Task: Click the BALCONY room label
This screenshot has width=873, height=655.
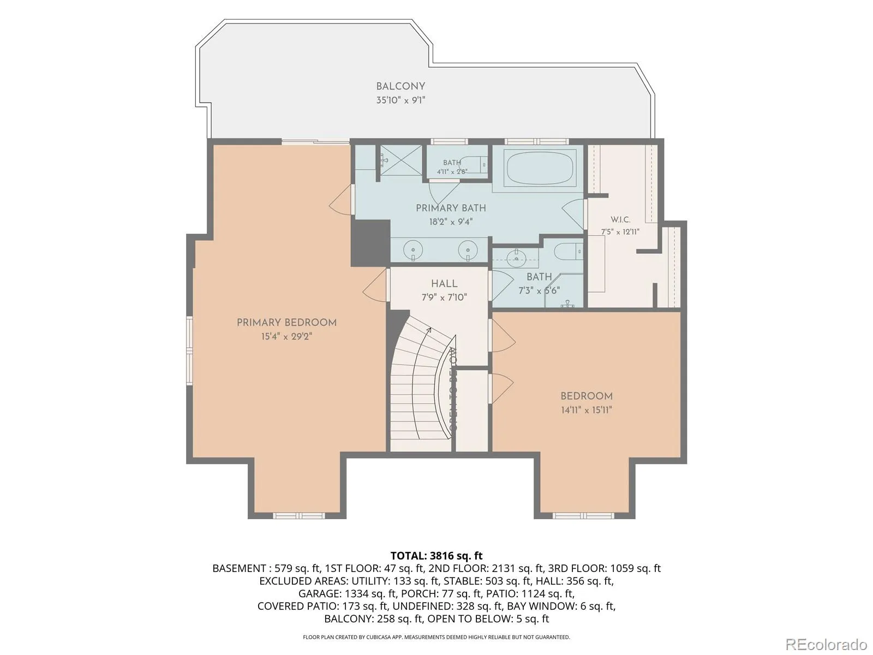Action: point(400,86)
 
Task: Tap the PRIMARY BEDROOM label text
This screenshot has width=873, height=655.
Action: point(286,323)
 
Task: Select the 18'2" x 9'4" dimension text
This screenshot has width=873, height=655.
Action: point(451,222)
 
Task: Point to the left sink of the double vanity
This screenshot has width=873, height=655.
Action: point(413,251)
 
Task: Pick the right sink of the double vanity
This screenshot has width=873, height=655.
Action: point(468,251)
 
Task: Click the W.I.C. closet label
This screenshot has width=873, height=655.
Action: point(620,219)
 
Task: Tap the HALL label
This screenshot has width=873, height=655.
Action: point(444,283)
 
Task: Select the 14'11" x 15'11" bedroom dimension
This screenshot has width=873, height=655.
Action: point(586,410)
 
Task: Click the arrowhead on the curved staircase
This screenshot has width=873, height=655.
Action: point(429,329)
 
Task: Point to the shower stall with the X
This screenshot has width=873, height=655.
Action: point(401,160)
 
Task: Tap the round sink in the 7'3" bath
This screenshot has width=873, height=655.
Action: point(516,259)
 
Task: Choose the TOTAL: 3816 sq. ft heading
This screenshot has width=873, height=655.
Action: point(436,556)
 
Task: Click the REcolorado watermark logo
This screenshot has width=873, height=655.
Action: point(827,644)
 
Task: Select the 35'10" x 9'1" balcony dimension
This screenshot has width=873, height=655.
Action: point(400,100)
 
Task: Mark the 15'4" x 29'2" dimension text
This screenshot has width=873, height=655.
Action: point(286,336)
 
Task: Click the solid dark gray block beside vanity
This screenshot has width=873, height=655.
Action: point(370,242)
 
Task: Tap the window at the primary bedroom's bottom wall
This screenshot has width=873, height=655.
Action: point(298,516)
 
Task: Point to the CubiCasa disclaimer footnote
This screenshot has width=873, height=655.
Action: point(436,637)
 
